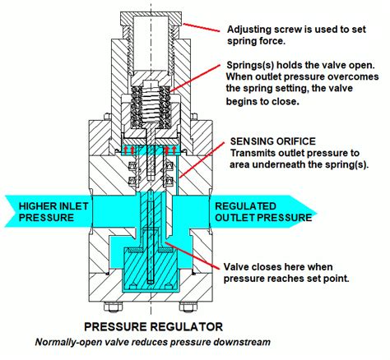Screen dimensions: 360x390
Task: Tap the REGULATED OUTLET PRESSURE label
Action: tap(263, 211)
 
